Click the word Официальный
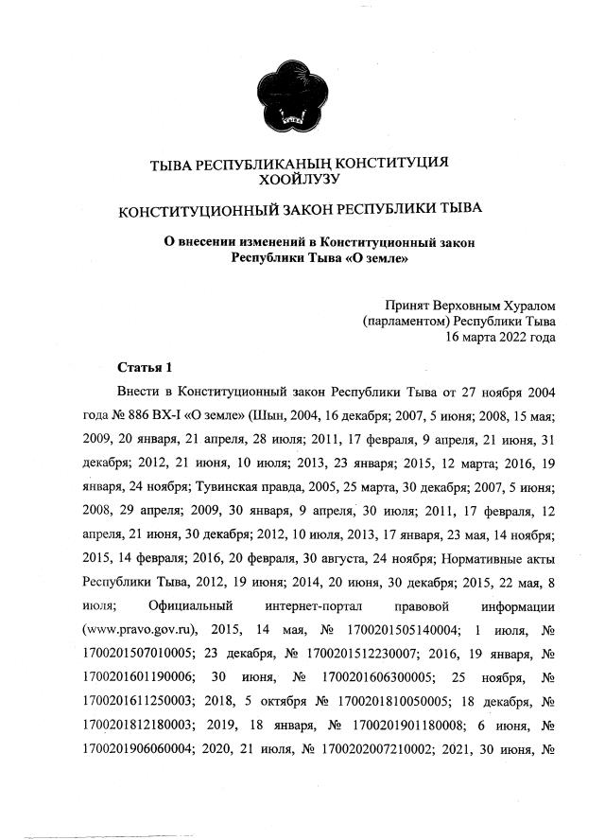(194, 604)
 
